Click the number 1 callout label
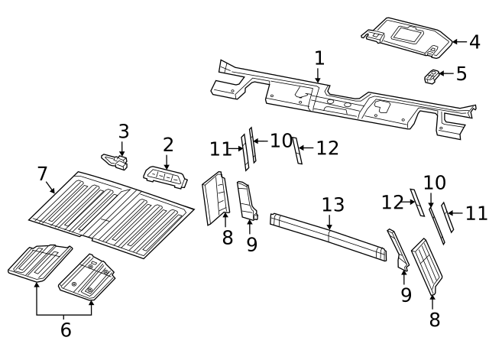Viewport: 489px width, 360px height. click(x=319, y=58)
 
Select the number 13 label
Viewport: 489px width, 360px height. click(x=332, y=205)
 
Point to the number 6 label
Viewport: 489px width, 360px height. click(x=66, y=330)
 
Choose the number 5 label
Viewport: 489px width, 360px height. click(x=461, y=74)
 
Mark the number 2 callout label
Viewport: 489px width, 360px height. click(x=168, y=144)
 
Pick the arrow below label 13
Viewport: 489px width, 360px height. click(x=329, y=222)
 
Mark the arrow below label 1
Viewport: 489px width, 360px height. click(x=319, y=75)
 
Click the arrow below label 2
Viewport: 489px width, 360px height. click(x=167, y=161)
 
